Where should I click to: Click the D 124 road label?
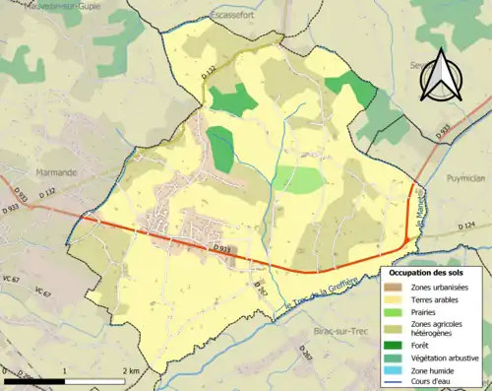[464, 227]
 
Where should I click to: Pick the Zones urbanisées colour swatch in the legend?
[394, 286]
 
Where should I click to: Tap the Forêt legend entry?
[421, 346]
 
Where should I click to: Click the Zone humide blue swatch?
[394, 370]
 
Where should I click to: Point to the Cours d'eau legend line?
[394, 383]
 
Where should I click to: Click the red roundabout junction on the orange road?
[407, 239]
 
